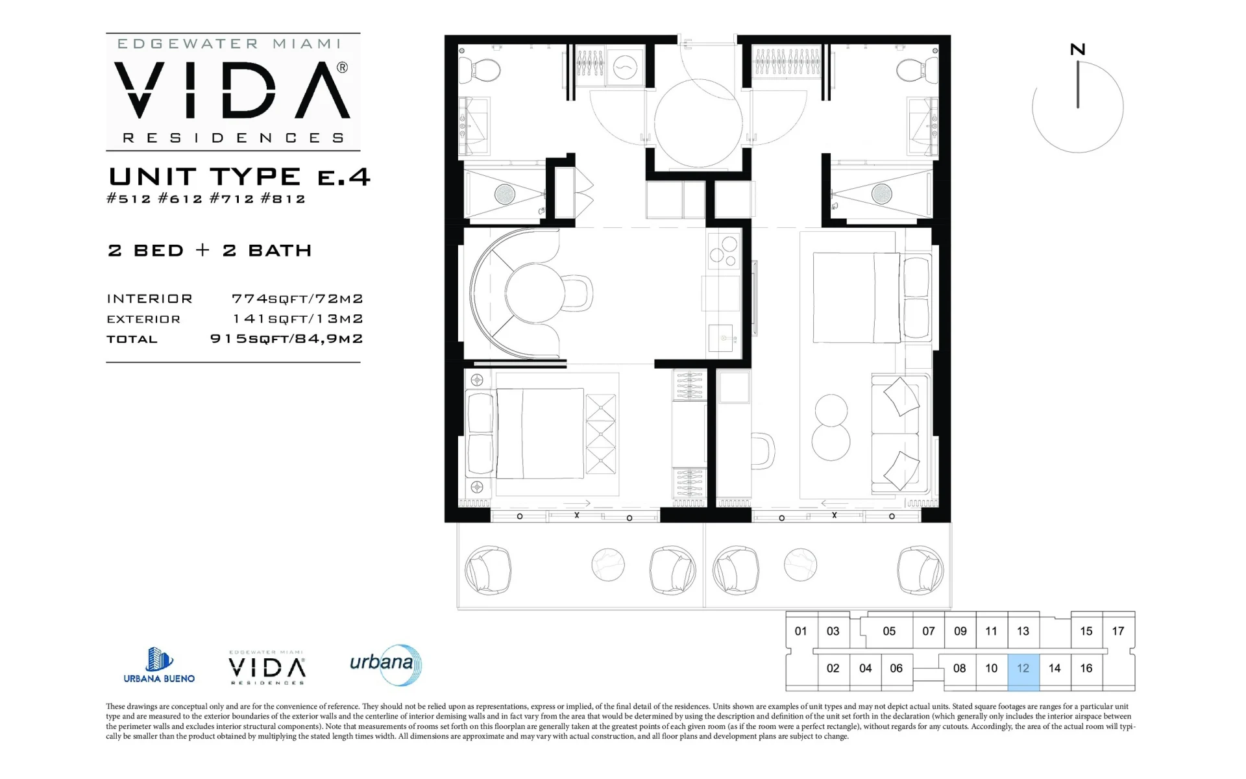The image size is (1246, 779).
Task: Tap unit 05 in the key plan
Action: (889, 631)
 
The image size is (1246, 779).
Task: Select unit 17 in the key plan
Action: (1118, 631)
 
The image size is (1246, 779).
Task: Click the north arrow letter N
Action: (1078, 49)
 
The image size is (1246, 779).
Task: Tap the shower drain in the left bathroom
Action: (505, 193)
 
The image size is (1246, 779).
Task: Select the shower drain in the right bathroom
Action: (881, 193)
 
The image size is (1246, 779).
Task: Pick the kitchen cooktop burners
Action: (724, 252)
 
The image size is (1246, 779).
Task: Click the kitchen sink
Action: (721, 338)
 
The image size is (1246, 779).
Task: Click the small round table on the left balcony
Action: (608, 565)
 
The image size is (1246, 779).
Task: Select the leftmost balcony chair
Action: (488, 571)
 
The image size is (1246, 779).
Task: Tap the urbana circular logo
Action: (386, 665)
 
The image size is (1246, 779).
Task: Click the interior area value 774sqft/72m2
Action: (297, 299)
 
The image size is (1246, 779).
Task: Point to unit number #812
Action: (283, 199)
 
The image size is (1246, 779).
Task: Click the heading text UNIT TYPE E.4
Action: (239, 176)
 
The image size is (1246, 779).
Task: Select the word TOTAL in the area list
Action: (132, 339)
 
